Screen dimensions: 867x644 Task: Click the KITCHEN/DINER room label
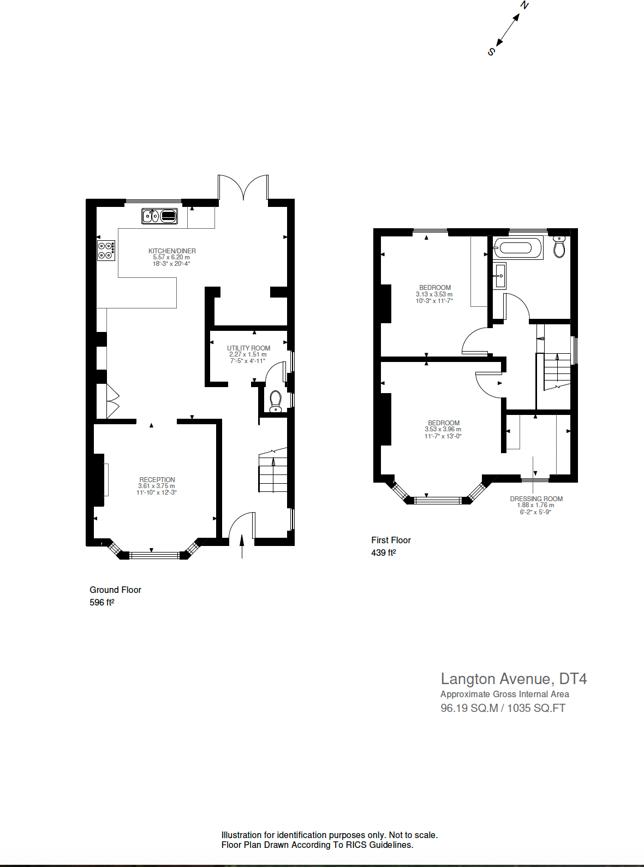[172, 251]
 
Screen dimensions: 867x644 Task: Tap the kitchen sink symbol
[160, 216]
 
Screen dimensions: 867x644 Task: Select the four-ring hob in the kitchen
[106, 251]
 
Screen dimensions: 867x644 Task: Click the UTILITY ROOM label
[248, 348]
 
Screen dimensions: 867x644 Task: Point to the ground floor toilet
[276, 401]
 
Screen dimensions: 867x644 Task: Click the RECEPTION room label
[157, 480]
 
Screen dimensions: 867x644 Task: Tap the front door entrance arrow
[242, 546]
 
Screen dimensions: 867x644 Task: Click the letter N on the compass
[524, 5]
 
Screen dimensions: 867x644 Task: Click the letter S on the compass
[491, 52]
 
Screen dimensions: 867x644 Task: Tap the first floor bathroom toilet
[559, 247]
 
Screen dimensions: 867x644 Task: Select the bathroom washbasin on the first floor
[499, 276]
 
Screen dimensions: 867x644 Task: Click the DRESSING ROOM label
[536, 499]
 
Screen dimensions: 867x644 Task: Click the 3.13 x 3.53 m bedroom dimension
[434, 294]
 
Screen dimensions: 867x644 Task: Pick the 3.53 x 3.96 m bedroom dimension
[443, 430]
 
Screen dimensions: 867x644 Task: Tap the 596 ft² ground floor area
[102, 603]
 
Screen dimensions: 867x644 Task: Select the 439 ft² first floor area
[384, 553]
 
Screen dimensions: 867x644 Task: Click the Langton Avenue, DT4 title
[514, 679]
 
